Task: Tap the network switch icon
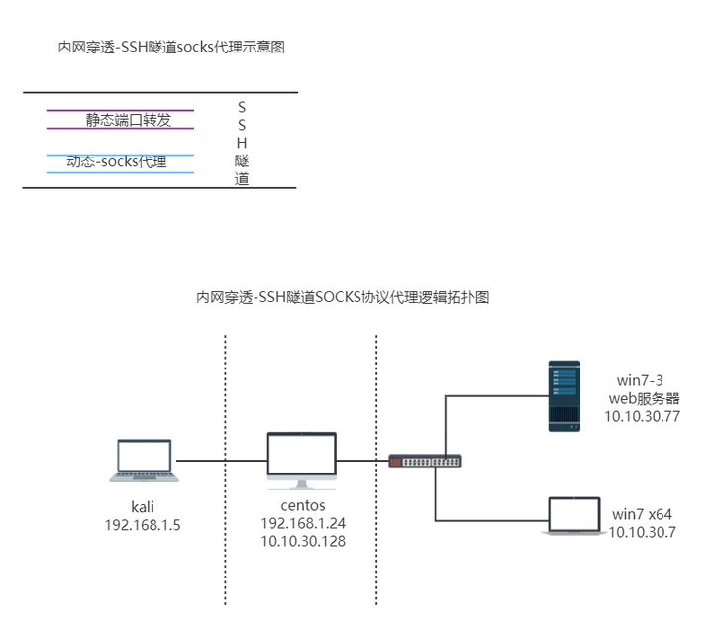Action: (x=425, y=461)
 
